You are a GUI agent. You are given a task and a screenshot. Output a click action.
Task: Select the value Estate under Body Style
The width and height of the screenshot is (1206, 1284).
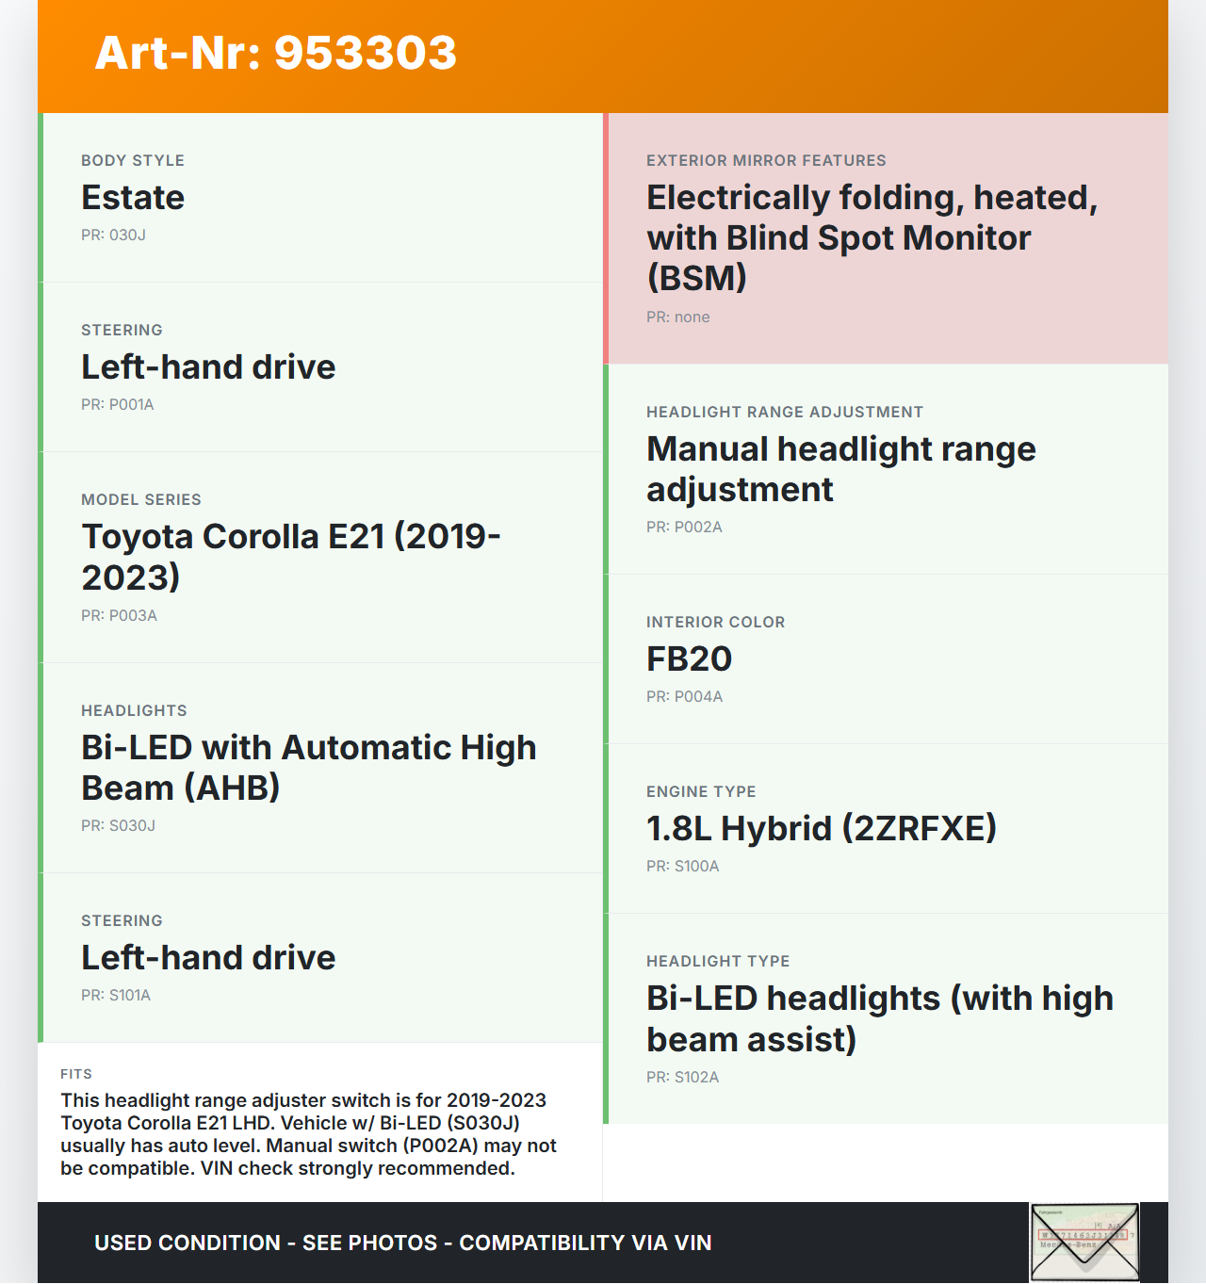tap(133, 198)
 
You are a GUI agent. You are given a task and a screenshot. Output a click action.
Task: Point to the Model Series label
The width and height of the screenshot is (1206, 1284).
tap(141, 499)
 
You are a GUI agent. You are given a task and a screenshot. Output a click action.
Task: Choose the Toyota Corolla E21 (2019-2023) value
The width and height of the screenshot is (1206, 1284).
tap(290, 557)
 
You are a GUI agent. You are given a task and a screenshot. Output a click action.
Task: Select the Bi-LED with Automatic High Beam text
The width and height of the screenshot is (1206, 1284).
tap(308, 768)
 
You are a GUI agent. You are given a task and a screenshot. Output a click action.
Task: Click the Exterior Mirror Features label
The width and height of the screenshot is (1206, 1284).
tap(766, 161)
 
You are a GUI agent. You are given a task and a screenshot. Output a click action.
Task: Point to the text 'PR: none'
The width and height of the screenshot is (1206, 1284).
tap(678, 317)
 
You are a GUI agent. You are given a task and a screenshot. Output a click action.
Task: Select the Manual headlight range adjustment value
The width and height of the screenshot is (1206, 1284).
tap(840, 469)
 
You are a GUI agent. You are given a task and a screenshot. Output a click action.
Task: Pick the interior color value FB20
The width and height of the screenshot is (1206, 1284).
tap(689, 659)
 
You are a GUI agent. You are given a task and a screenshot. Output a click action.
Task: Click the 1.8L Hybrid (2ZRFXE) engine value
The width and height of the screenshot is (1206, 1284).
tap(821, 829)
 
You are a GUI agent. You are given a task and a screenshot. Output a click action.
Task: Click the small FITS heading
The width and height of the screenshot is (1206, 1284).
tap(76, 1074)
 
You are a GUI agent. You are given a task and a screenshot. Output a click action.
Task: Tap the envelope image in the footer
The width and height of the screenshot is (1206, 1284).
tap(1084, 1242)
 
